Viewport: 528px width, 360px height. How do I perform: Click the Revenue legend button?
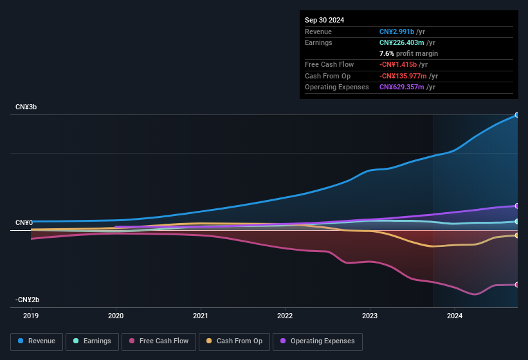coord(37,341)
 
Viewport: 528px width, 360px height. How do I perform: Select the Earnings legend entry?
coord(93,341)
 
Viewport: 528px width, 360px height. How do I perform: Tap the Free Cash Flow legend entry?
coord(159,341)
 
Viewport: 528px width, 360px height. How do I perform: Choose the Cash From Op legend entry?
coord(234,341)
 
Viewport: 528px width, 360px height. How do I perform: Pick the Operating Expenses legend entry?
coord(318,341)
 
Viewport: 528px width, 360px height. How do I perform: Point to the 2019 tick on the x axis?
coord(31,316)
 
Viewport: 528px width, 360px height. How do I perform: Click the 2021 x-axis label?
coord(201,316)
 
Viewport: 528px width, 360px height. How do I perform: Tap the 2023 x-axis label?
coord(370,316)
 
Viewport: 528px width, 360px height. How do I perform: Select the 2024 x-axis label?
coord(455,316)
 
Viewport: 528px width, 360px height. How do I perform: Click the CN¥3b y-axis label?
coord(26,107)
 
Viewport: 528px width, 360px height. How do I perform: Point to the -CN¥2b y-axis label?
coord(28,300)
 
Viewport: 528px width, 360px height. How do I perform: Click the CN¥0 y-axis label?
coord(24,222)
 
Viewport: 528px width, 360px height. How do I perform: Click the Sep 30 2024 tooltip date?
coord(325,20)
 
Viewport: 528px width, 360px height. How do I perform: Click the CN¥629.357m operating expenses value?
coord(401,87)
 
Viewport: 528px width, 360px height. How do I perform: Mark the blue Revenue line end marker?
coord(516,115)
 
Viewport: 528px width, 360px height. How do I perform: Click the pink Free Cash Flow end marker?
coord(516,285)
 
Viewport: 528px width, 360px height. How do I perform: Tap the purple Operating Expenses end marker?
coord(516,206)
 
